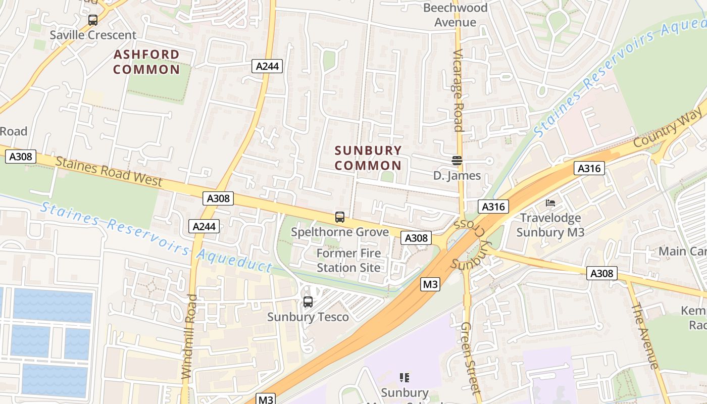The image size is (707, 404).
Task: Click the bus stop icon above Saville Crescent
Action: click(x=93, y=20)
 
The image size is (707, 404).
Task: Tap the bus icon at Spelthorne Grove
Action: click(x=340, y=217)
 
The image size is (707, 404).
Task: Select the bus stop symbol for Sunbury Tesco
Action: click(x=308, y=302)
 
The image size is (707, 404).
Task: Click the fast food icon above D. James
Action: click(x=457, y=161)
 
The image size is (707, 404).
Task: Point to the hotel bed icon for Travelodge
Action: click(x=550, y=203)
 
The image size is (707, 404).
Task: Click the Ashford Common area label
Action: click(x=146, y=62)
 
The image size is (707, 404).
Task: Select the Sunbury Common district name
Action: click(x=368, y=158)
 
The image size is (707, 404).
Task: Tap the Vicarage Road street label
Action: click(x=458, y=90)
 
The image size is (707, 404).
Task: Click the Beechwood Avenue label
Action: click(x=456, y=15)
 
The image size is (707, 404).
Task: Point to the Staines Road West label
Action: click(x=109, y=172)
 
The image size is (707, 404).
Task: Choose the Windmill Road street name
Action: click(x=188, y=337)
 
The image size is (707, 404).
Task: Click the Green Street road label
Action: click(x=470, y=358)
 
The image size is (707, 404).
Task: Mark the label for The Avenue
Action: click(x=645, y=335)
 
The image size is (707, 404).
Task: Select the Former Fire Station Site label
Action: click(x=349, y=260)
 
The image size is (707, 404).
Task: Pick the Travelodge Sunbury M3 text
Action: click(x=550, y=225)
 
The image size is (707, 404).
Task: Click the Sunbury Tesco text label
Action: click(x=308, y=317)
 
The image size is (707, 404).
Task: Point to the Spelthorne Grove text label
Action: click(x=340, y=232)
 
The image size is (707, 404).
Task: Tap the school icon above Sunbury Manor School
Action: click(x=404, y=377)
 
